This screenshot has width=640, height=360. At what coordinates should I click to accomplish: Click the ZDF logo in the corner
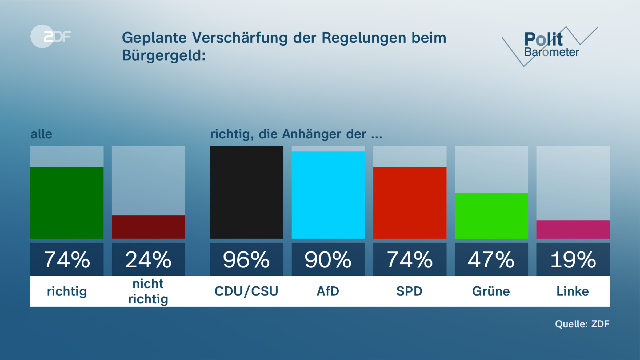[x=51, y=37]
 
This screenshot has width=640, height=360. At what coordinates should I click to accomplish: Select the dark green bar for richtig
[x=67, y=203]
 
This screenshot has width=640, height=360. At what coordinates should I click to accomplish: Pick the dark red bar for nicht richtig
[x=148, y=227]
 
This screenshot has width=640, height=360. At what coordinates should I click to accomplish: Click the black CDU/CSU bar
[x=246, y=192]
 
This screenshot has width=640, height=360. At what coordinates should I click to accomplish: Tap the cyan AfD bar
[x=328, y=195]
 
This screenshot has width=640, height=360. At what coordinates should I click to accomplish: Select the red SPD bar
[x=410, y=203]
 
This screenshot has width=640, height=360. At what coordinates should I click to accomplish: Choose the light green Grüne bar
[x=491, y=216]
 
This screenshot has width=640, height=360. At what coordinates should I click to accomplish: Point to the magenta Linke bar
[x=573, y=229]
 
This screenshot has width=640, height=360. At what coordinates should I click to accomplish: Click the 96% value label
[x=246, y=259]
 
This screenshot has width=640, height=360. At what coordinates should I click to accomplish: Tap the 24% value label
[x=148, y=259]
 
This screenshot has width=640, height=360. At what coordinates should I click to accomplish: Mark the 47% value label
[x=491, y=259]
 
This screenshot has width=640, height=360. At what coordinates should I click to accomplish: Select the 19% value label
[x=573, y=259]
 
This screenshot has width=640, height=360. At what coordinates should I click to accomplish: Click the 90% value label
[x=328, y=259]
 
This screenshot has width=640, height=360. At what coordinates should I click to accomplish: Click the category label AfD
[x=328, y=291]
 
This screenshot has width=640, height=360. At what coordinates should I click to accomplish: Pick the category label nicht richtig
[x=148, y=291]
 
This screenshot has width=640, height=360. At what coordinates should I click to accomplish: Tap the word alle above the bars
[x=41, y=134]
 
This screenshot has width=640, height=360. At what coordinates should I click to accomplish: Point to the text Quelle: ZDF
[x=582, y=324]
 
